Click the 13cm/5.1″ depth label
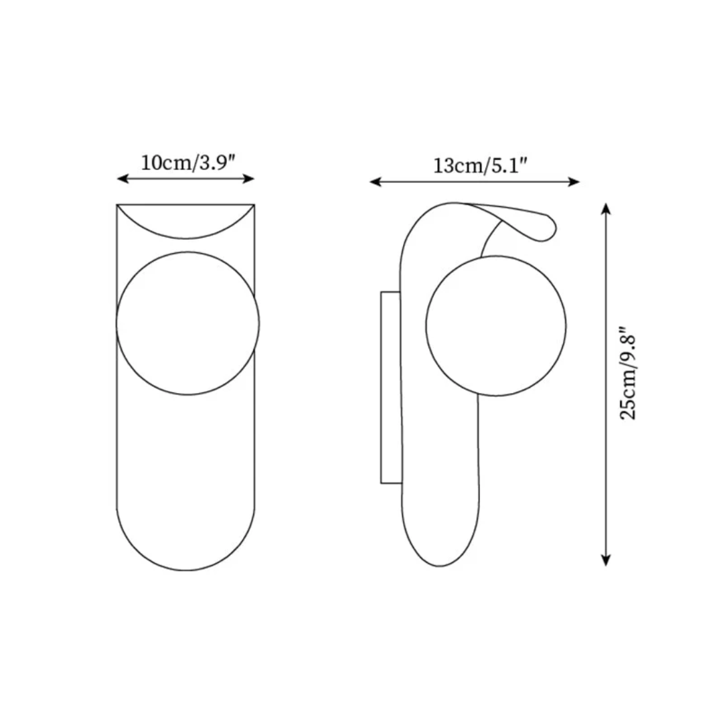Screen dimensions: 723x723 (x=475, y=165)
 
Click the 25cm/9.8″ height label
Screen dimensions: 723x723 (x=629, y=374)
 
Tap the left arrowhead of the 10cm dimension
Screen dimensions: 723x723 (x=121, y=179)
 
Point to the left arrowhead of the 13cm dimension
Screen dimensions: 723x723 (x=375, y=181)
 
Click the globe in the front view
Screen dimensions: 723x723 (x=187, y=323)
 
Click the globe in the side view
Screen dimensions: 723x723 (x=496, y=326)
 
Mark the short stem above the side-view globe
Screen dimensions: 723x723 (x=491, y=240)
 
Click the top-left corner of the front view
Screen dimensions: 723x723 (x=117, y=205)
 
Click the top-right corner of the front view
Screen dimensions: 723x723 (x=254, y=205)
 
